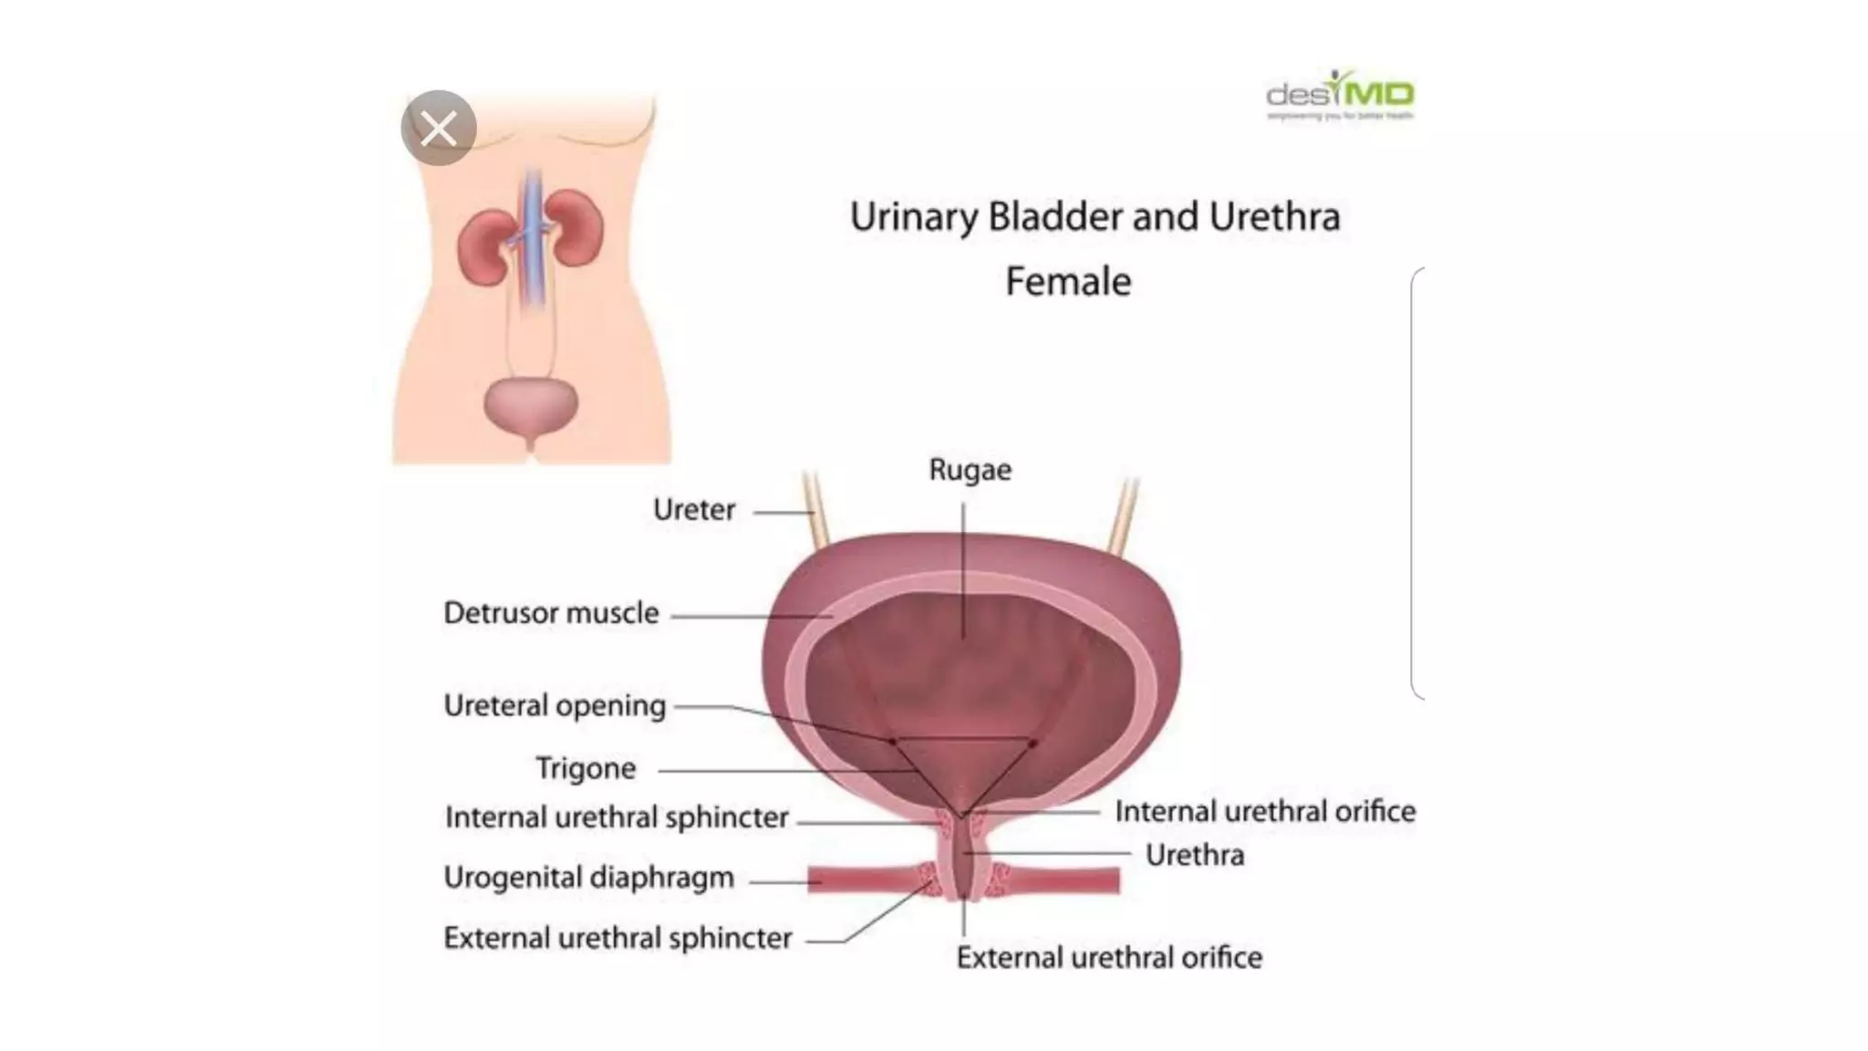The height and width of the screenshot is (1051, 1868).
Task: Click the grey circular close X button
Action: click(x=439, y=128)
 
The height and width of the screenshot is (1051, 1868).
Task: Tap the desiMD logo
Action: click(x=1340, y=94)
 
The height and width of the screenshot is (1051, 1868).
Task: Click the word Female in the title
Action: click(x=1068, y=281)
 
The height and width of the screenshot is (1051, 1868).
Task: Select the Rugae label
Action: click(x=970, y=470)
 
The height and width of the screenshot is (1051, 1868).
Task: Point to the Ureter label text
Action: click(x=694, y=509)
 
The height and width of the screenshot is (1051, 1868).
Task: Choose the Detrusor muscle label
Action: click(x=551, y=613)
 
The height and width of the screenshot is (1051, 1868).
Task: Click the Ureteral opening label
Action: click(x=555, y=705)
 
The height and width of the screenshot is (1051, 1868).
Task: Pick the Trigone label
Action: click(x=586, y=768)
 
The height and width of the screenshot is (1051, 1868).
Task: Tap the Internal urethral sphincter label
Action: click(x=617, y=817)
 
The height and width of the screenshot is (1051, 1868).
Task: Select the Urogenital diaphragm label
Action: click(x=588, y=878)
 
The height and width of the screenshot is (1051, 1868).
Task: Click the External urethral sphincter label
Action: click(x=617, y=938)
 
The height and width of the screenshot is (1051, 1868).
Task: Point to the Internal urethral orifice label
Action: click(x=1265, y=811)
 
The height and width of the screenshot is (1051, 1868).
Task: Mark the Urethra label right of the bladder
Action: click(x=1194, y=855)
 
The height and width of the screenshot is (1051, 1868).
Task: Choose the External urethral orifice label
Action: click(x=1109, y=957)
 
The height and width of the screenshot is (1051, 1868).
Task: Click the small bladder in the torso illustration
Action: click(x=530, y=407)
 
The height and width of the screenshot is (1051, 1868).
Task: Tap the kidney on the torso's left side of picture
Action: click(x=484, y=246)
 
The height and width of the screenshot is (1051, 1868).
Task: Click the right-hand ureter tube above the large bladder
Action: click(x=1123, y=516)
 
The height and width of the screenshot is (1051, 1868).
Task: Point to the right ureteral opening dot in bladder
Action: click(x=1033, y=744)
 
